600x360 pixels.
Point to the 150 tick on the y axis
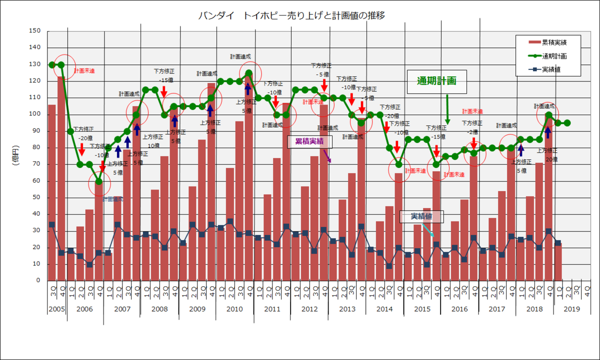click(35, 31)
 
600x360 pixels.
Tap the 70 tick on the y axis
click(36, 164)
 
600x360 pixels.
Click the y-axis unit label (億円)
click(15, 155)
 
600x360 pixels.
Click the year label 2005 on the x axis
click(56, 309)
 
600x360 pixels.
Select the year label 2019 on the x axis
click(571, 309)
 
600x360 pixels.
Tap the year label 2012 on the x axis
click(309, 309)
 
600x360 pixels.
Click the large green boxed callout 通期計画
click(436, 81)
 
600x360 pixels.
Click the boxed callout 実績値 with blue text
click(421, 216)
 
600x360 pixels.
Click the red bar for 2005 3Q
click(52, 192)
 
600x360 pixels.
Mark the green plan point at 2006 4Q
click(99, 181)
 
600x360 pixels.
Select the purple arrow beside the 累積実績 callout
click(328, 155)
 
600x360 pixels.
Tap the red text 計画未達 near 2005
click(84, 71)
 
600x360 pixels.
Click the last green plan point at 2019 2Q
click(567, 122)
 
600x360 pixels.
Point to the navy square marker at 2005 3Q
click(52, 224)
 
